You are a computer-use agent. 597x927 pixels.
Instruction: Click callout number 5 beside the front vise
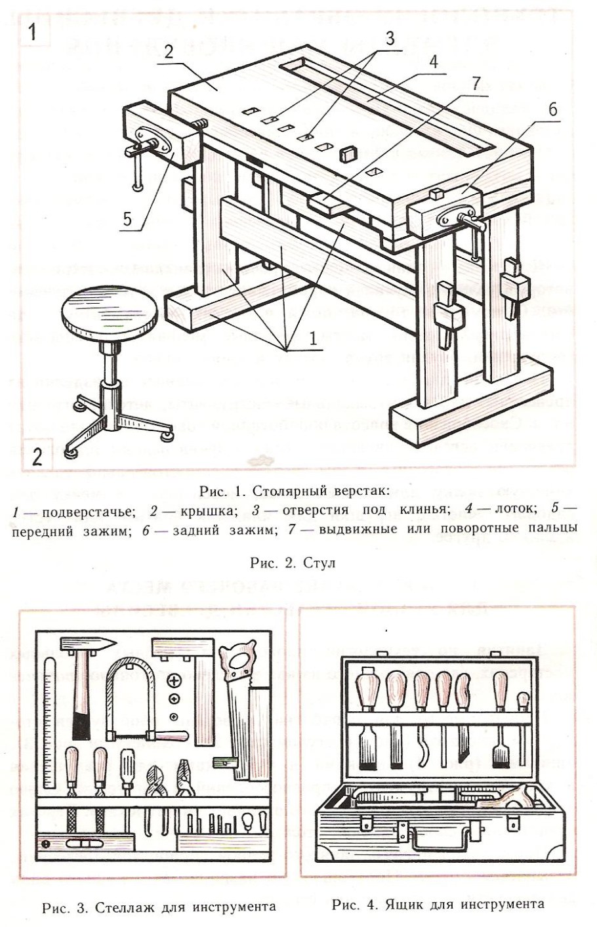pos(129,219)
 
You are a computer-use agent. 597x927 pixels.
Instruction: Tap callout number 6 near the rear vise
pos(552,110)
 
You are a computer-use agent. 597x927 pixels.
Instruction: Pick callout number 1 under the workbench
pos(313,339)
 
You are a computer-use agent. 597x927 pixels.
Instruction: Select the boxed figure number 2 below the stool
pos(37,455)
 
